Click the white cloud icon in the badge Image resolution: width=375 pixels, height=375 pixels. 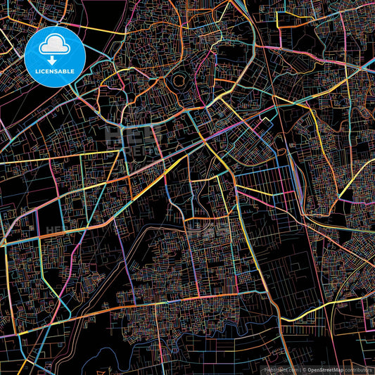tap(55, 46)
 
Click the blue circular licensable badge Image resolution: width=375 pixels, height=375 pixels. tap(55, 56)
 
